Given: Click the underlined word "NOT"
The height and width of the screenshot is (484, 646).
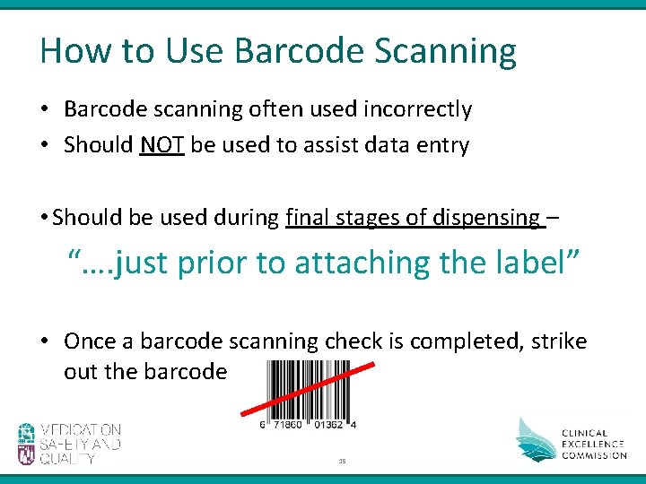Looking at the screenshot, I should tap(161, 145).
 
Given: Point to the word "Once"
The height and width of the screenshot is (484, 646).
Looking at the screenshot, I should tap(89, 341).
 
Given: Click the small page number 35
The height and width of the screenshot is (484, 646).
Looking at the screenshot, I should tap(342, 462).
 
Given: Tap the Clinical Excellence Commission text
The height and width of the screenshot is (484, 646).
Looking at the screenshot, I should tap(594, 444).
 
